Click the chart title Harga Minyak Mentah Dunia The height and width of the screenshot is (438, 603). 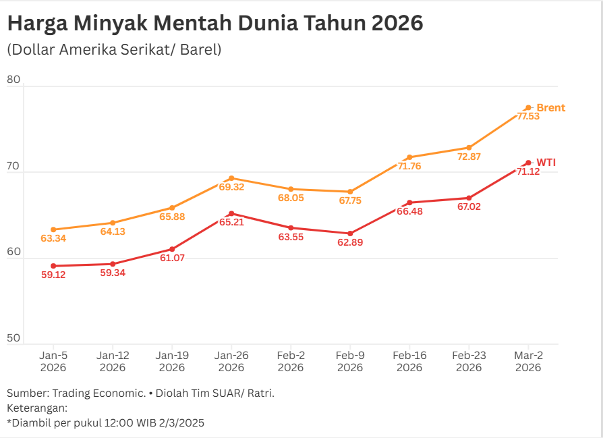pyautogui.click(x=215, y=23)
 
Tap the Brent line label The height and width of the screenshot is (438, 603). pyautogui.click(x=550, y=108)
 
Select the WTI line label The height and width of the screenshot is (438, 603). pyautogui.click(x=546, y=162)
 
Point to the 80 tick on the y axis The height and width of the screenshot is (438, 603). pyautogui.click(x=13, y=80)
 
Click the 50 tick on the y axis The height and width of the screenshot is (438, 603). pyautogui.click(x=13, y=338)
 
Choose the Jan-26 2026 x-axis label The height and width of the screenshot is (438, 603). pyautogui.click(x=231, y=361)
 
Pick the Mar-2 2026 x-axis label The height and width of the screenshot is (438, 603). pyautogui.click(x=528, y=361)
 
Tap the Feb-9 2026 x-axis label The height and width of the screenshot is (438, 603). pyautogui.click(x=350, y=361)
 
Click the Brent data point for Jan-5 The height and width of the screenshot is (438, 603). pyautogui.click(x=53, y=229)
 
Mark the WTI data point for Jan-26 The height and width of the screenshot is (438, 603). pyautogui.click(x=231, y=213)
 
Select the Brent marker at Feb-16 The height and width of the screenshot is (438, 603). pyautogui.click(x=409, y=157)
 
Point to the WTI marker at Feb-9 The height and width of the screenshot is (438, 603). pyautogui.click(x=350, y=234)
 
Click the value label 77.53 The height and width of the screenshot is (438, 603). pyautogui.click(x=528, y=116)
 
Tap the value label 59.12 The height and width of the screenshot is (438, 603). pyautogui.click(x=53, y=275)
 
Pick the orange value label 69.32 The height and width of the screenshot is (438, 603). pyautogui.click(x=231, y=187)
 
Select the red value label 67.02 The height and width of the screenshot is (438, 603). pyautogui.click(x=469, y=207)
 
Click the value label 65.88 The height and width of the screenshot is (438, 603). pyautogui.click(x=172, y=217)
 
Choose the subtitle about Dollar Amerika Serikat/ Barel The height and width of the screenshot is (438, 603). pyautogui.click(x=114, y=50)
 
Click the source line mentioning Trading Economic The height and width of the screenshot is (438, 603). pyautogui.click(x=140, y=393)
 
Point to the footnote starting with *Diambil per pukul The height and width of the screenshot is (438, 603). pyautogui.click(x=105, y=423)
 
